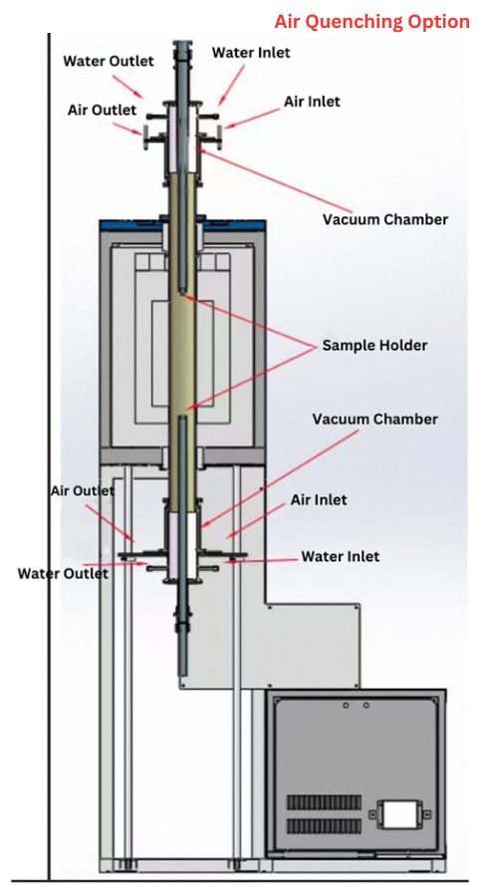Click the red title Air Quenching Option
372,22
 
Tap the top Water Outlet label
108,61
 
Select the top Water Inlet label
251,52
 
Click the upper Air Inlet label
312,102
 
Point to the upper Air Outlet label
103,109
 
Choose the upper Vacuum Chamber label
385,219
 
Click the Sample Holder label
374,345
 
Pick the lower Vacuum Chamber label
374,420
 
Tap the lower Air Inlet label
319,499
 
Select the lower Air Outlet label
83,489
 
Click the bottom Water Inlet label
341,555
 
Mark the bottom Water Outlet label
63,573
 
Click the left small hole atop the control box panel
347,706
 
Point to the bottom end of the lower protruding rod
182,675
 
